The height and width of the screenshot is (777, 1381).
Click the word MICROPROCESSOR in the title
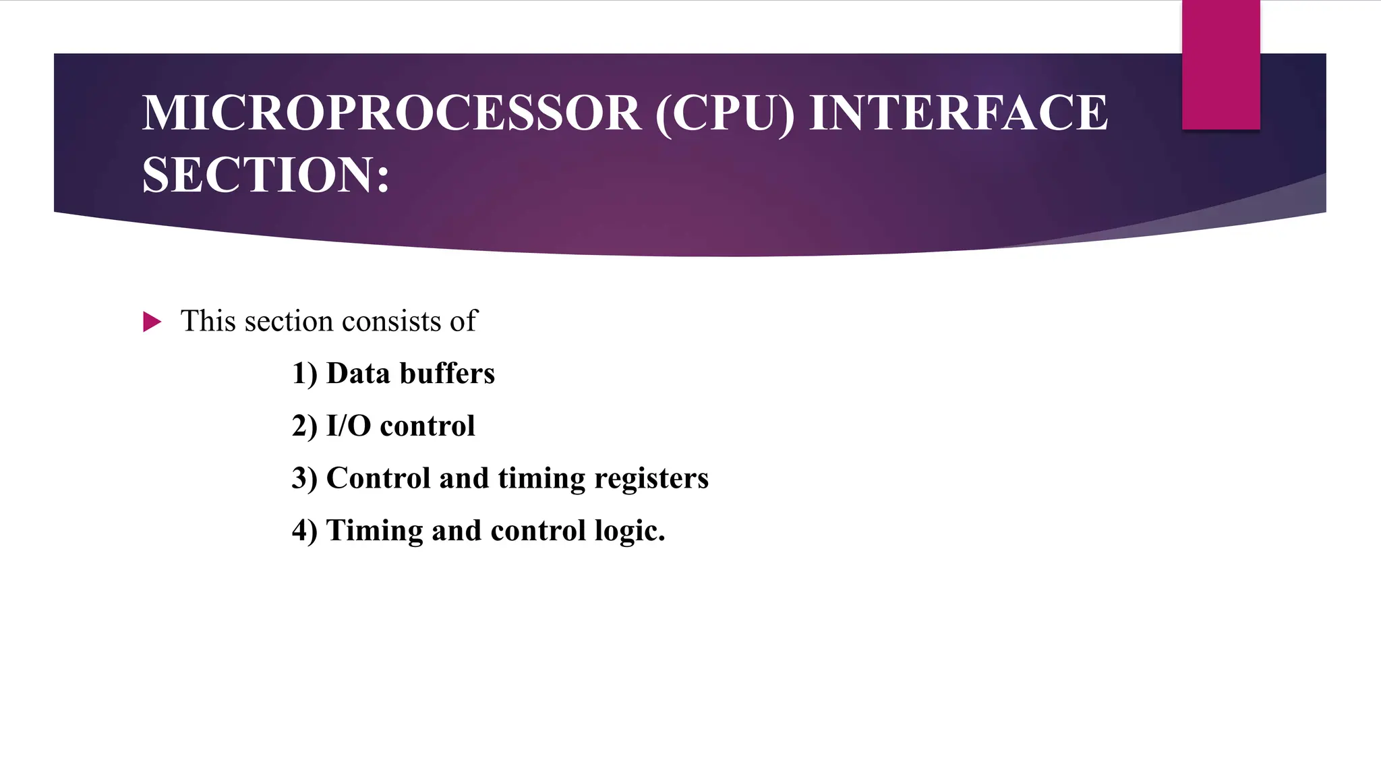click(391, 113)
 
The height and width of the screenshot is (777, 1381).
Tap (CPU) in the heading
click(725, 113)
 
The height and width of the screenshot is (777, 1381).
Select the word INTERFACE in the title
click(958, 113)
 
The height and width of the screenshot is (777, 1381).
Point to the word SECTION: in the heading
click(266, 175)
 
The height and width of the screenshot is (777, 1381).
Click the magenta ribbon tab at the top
click(1221, 65)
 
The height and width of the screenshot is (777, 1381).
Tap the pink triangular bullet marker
click(152, 322)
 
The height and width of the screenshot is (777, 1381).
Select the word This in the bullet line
click(208, 321)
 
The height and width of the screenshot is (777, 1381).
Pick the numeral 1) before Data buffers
click(305, 374)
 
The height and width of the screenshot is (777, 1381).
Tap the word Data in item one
click(358, 374)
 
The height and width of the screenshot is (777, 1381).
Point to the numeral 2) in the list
click(305, 426)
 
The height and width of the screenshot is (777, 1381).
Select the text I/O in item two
click(349, 426)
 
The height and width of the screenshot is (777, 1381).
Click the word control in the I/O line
click(428, 426)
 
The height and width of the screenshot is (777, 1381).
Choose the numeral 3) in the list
click(305, 478)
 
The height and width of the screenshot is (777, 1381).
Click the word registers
click(651, 478)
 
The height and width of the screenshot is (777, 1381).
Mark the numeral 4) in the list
click(305, 531)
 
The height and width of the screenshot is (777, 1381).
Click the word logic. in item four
click(630, 531)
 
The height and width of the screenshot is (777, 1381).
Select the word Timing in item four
click(374, 531)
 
